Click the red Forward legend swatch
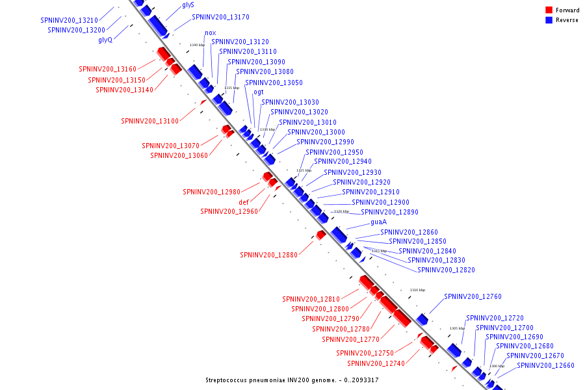point(549,10)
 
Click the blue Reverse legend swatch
point(549,20)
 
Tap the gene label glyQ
point(105,40)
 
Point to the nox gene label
point(210,32)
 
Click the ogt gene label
point(258,92)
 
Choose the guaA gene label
point(378,222)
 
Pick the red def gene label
point(244,202)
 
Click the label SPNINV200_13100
point(149,121)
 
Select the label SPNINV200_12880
point(268,255)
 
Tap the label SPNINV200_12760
point(473,296)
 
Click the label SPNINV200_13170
point(220,17)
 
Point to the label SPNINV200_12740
point(376,363)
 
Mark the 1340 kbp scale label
point(197,45)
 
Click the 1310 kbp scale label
point(417,290)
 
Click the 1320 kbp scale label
point(342,211)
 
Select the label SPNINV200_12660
point(545,365)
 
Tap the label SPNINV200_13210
point(69,20)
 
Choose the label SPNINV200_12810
point(311,299)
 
